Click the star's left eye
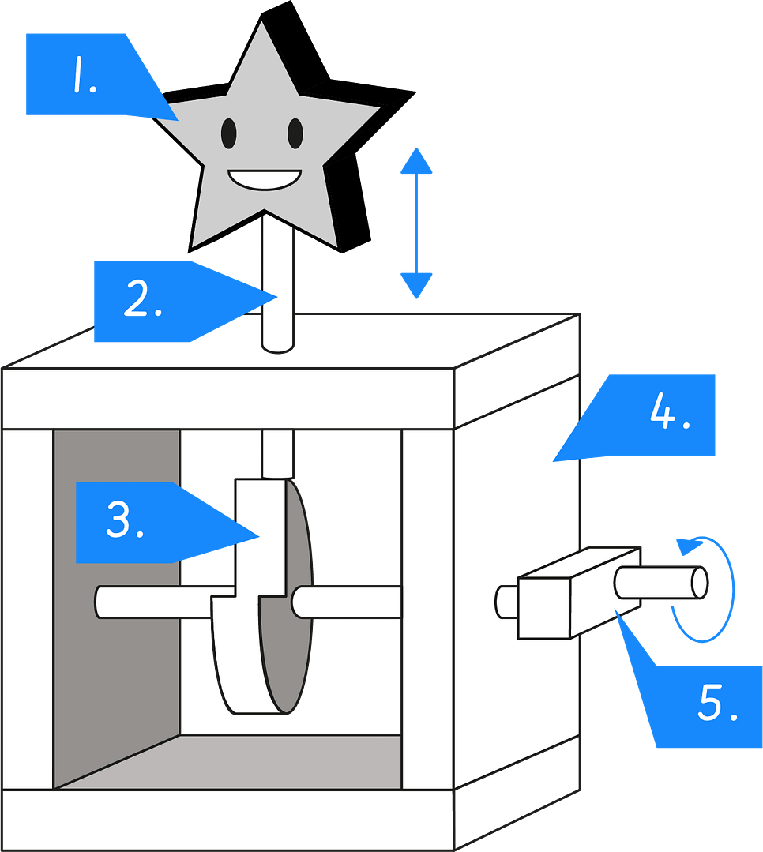[228, 133]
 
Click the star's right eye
[295, 133]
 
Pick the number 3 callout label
[126, 522]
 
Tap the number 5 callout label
[711, 705]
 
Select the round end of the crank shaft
[698, 582]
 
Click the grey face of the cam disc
[288, 600]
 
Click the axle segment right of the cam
[348, 602]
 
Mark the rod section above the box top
[277, 284]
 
